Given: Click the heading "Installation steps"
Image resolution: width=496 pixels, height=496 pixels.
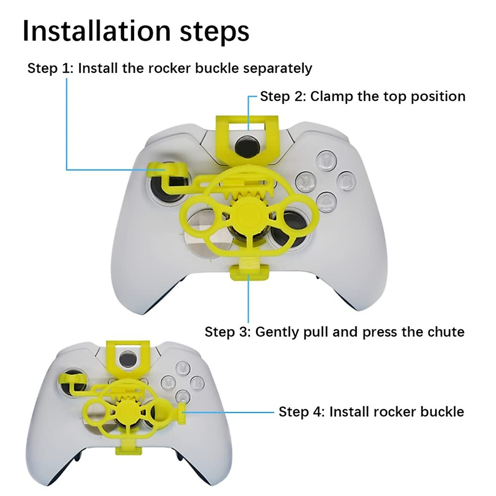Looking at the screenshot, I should [x=136, y=31].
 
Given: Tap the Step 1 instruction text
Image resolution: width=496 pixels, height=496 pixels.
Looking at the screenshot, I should [x=169, y=68].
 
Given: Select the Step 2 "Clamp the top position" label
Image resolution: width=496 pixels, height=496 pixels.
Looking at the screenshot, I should [x=362, y=96].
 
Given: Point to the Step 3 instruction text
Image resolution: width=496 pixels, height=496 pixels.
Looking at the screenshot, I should [x=334, y=331].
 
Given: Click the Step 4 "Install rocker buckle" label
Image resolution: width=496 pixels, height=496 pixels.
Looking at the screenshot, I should [x=371, y=412].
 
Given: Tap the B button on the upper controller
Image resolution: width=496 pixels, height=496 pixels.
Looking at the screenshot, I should [x=346, y=180].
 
